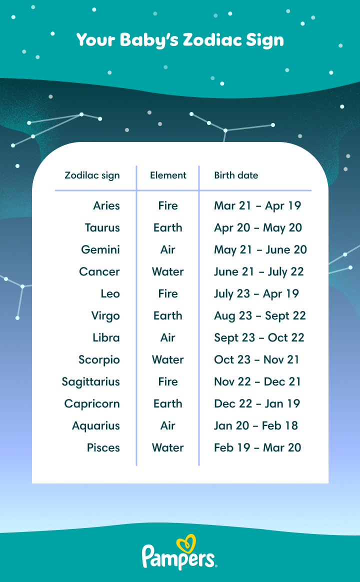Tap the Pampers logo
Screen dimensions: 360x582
click(179, 552)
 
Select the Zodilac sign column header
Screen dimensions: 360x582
click(92, 175)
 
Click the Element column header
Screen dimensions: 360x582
click(168, 175)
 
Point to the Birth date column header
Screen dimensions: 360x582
click(236, 175)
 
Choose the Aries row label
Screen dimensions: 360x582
click(106, 205)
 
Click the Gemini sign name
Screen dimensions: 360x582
click(100, 249)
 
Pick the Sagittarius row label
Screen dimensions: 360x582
click(91, 382)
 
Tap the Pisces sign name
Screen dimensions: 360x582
click(103, 447)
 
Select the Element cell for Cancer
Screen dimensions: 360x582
click(168, 271)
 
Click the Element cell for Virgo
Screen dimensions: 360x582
click(168, 315)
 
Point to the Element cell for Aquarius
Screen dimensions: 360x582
click(168, 425)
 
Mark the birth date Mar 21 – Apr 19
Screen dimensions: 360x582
click(257, 206)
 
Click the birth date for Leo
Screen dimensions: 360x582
click(256, 294)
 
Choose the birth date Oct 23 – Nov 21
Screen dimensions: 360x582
click(256, 359)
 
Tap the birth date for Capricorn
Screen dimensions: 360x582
click(257, 403)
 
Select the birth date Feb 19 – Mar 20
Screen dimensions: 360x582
click(257, 447)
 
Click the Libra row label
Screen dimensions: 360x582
click(106, 338)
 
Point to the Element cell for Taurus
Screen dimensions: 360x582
click(168, 227)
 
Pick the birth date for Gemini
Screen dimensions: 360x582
click(260, 250)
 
